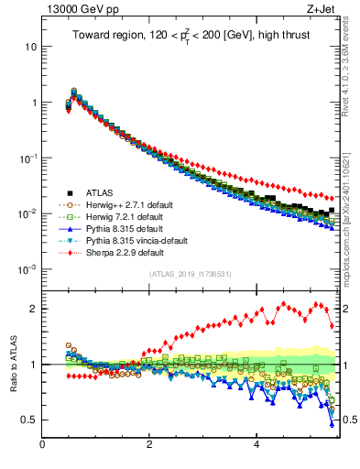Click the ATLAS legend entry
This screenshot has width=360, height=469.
[101, 193]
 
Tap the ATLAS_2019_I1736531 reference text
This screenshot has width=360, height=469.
[189, 274]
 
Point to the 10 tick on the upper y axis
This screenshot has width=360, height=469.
[31, 46]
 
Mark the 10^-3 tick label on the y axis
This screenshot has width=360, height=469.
[27, 270]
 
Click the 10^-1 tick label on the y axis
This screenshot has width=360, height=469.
[27, 158]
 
